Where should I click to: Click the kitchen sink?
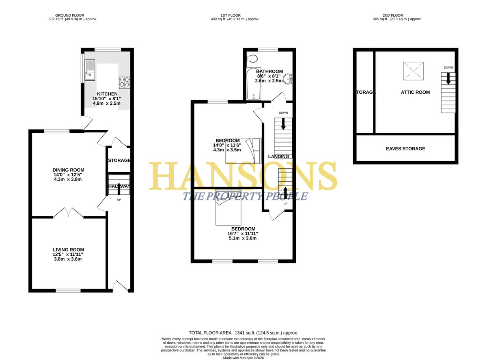[90, 70]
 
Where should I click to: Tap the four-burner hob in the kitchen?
[125, 82]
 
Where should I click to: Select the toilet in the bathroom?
[252, 58]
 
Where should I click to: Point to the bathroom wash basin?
[287, 79]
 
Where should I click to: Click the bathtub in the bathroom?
[254, 84]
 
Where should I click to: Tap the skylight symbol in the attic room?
[413, 71]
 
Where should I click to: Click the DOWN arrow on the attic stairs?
[448, 78]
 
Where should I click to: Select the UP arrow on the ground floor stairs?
[119, 189]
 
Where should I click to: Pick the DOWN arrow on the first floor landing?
[283, 124]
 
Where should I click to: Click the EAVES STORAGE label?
[405, 149]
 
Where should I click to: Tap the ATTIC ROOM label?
[415, 92]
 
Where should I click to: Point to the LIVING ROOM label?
[68, 250]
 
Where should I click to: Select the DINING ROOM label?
[68, 170]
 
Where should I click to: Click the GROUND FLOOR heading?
[70, 15]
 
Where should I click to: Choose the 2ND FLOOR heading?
[393, 15]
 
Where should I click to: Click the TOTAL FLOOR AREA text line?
[243, 333]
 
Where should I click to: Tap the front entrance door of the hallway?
[120, 286]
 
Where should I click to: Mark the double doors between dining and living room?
[68, 213]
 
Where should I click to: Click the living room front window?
[68, 291]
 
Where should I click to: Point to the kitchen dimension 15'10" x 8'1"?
[107, 99]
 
